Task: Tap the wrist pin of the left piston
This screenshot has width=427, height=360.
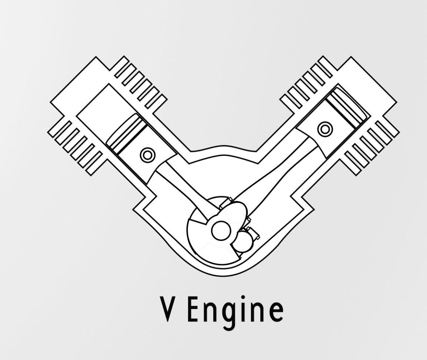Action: pos(147,155)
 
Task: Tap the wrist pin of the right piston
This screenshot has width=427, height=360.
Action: pos(325,129)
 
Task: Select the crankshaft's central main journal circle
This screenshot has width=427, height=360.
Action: pos(221,231)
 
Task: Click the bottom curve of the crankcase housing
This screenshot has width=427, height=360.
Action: pos(222,274)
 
